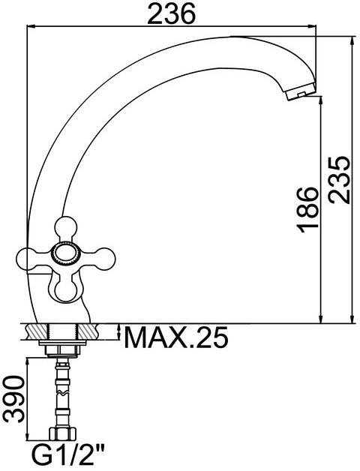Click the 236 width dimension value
coord(172,13)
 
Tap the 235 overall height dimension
coord(339,180)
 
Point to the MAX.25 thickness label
coord(176,337)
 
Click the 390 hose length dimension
coord(13,399)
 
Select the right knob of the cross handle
coord(103,258)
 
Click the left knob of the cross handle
coord(25,259)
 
